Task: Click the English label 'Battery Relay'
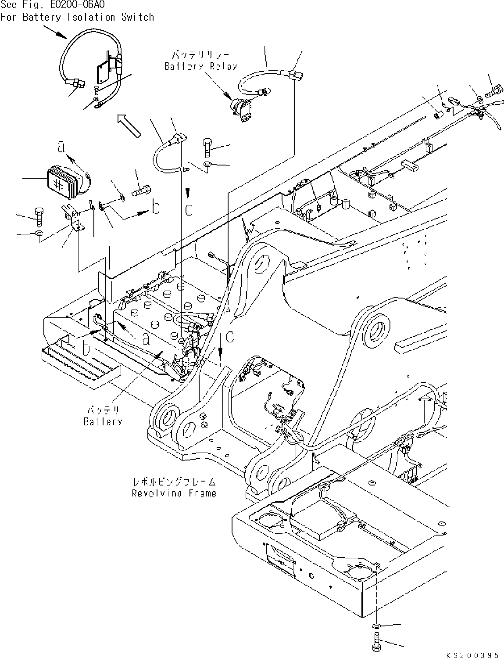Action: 200,67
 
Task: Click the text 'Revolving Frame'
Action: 174,493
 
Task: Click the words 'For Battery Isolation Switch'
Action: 77,18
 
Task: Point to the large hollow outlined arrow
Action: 129,125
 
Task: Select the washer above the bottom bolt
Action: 377,625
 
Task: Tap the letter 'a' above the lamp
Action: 62,147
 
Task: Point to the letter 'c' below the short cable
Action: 188,209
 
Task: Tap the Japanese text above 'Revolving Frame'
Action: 174,482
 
